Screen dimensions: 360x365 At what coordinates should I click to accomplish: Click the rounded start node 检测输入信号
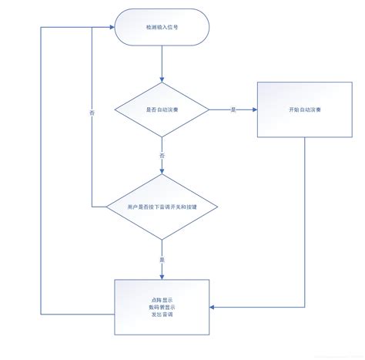click(161, 29)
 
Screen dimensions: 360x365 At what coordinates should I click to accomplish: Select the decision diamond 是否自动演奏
click(161, 109)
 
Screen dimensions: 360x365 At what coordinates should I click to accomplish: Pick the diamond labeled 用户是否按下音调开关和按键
click(161, 207)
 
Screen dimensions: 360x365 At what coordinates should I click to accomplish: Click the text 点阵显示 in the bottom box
click(161, 299)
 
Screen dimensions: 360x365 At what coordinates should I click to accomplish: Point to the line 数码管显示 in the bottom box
click(161, 307)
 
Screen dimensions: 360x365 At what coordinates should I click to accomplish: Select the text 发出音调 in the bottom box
click(161, 315)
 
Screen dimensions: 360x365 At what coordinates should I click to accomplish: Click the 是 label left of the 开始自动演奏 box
click(233, 109)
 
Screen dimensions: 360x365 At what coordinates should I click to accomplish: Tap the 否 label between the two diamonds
click(161, 156)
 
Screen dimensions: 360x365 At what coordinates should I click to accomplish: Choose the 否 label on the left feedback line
click(92, 113)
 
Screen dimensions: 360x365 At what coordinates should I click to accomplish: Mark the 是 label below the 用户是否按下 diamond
click(161, 258)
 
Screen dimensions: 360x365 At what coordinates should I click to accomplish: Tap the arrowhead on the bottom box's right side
click(211, 307)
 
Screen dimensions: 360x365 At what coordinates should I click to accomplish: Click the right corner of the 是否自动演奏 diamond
click(208, 109)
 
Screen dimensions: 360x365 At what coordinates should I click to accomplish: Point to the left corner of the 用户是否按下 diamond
click(115, 207)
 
